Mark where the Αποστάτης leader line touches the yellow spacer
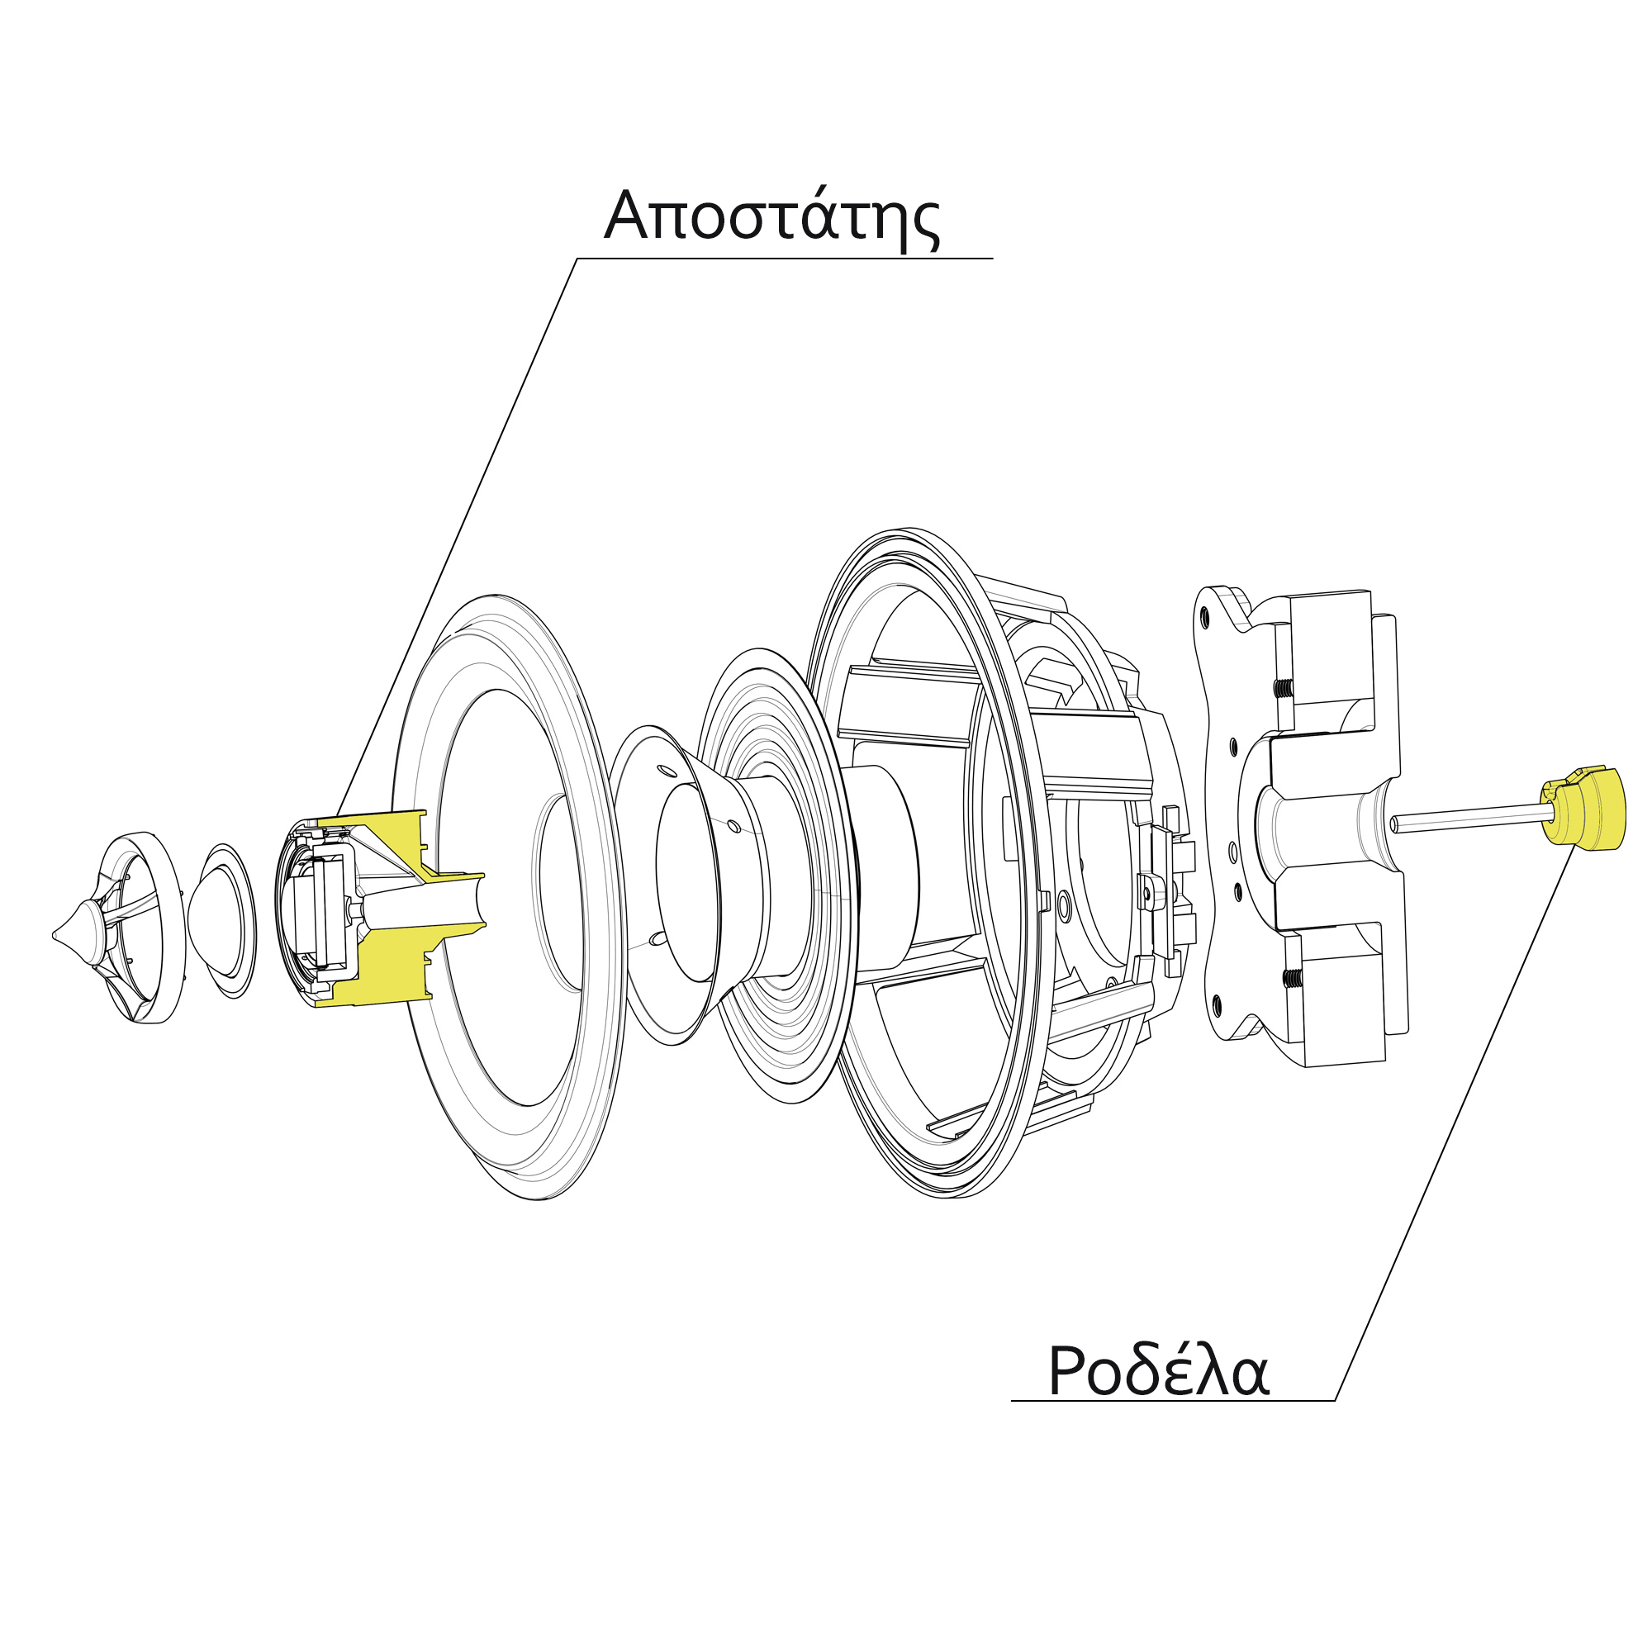tap(337, 816)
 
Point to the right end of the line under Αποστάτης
tap(993, 259)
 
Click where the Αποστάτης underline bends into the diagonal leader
tap(577, 259)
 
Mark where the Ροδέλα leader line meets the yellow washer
tap(1575, 847)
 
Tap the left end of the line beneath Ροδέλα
tap(1012, 1401)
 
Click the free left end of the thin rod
tap(1393, 825)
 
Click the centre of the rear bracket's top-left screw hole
tap(1204, 614)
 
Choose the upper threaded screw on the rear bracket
tap(1283, 687)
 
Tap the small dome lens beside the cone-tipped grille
tap(221, 921)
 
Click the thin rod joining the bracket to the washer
tap(1467, 820)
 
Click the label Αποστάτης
tap(772, 216)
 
